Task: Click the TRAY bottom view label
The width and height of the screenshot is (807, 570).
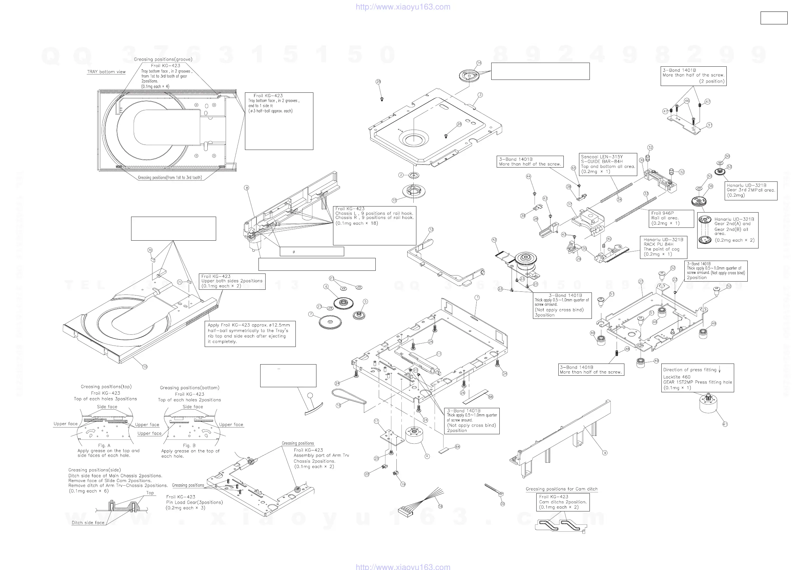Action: (x=106, y=72)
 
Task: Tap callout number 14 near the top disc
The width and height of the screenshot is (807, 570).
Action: (x=479, y=63)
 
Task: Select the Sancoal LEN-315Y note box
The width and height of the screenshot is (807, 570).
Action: (x=608, y=164)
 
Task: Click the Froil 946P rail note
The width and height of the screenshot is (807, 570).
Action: (x=671, y=218)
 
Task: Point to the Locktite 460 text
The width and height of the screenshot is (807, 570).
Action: (x=677, y=377)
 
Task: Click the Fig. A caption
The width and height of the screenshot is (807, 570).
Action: (x=104, y=445)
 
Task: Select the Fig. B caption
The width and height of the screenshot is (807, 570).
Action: (x=189, y=445)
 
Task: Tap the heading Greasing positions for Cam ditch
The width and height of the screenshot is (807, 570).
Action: (x=561, y=489)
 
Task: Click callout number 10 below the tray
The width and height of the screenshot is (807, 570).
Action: (x=145, y=367)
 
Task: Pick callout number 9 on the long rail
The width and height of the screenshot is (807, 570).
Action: (x=605, y=453)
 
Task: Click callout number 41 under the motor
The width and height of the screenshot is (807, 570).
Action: (x=725, y=424)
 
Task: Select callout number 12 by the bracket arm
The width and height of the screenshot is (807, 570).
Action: (x=431, y=229)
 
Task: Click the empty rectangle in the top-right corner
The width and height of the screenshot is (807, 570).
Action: (x=773, y=18)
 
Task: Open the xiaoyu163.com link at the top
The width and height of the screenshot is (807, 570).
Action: (x=403, y=7)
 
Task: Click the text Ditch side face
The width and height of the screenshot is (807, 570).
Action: (x=88, y=523)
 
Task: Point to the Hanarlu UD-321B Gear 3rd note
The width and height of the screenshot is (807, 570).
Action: (x=750, y=190)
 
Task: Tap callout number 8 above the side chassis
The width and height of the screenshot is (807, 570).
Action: (x=247, y=188)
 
